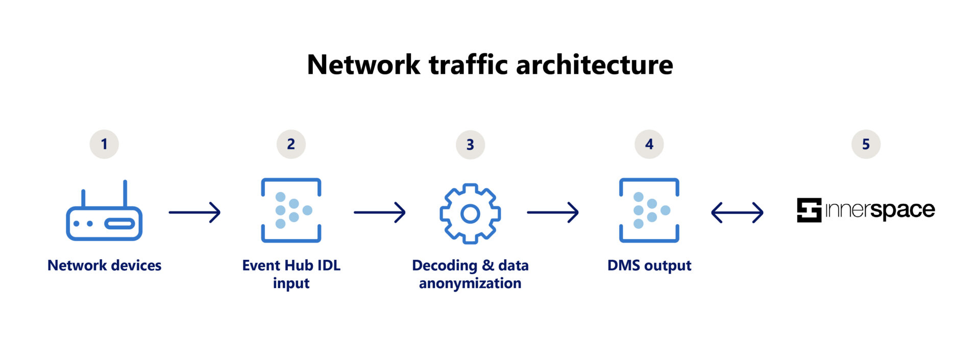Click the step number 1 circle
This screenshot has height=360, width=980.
104,144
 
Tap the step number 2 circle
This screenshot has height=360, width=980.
291,144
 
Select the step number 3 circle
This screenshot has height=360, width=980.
470,145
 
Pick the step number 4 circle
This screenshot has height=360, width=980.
649,144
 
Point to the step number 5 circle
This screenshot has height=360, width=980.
866,144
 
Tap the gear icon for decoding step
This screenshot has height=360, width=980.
470,213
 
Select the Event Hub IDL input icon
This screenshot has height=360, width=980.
291,210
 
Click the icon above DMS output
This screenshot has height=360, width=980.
649,210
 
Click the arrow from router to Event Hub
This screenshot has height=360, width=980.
194,212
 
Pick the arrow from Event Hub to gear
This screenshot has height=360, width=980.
379,212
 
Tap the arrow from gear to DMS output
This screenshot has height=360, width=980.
553,212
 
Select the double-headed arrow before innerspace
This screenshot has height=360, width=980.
737,212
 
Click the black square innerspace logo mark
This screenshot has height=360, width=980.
809,210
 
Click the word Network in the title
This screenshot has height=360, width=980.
363,65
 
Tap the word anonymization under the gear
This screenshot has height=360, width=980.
470,283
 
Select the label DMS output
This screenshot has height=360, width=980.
649,266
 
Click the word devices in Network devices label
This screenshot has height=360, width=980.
136,266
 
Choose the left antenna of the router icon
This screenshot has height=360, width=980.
83,198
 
